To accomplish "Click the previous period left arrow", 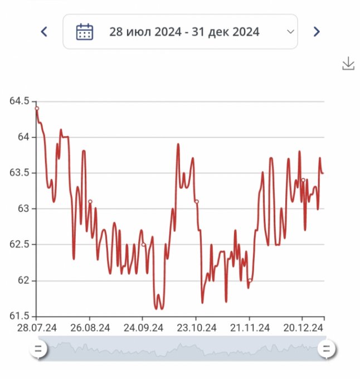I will point(44,32).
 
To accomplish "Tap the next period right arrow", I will point(317,32).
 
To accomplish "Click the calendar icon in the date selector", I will point(84,32).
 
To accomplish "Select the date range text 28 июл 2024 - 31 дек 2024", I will point(184,32).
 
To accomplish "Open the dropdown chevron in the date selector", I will point(290,32).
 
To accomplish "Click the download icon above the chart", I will point(348,64).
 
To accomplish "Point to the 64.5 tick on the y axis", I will point(18,101).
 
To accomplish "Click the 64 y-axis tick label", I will point(22,137).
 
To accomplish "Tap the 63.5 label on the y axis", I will point(18,173).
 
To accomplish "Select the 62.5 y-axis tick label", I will point(18,244).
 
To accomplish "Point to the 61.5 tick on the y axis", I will point(18,316).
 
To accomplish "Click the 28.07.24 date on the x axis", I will point(37,327).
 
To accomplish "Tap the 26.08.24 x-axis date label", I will point(90,327).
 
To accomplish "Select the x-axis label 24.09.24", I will point(143,327).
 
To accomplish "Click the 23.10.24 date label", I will point(196,327).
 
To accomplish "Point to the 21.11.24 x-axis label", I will point(250,327).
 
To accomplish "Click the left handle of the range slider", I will point(38,349).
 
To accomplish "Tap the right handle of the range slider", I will point(327,349).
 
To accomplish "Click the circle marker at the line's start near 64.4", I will point(37,108).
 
